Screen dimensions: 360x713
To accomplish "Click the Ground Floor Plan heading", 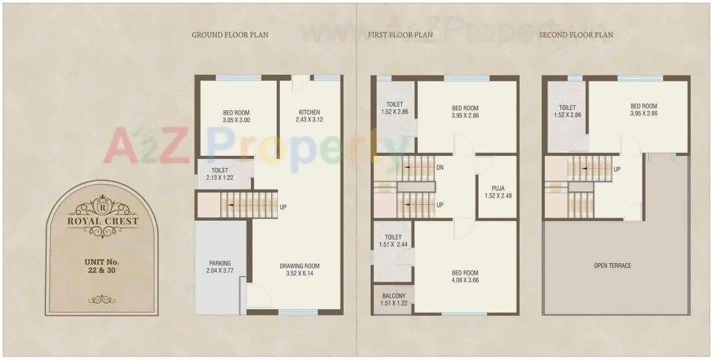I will [229, 35].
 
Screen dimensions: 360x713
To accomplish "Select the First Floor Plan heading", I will [400, 35].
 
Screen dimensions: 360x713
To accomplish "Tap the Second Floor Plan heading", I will [576, 35].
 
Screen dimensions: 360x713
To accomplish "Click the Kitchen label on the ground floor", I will [309, 112].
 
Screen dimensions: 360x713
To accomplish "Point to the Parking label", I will [220, 263].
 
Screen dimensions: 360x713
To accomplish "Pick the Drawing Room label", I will [300, 266].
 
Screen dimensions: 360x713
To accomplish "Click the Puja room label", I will [498, 188].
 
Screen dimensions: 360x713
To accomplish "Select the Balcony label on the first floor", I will [393, 296].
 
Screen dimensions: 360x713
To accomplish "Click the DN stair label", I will [440, 167].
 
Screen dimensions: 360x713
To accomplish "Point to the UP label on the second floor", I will [617, 169].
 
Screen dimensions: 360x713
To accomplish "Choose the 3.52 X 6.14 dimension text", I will [300, 274].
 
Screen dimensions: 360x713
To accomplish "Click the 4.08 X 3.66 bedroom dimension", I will [465, 280].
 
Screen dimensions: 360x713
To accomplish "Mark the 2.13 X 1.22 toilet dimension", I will [220, 178].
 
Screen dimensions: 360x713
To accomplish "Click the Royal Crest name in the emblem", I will [102, 221].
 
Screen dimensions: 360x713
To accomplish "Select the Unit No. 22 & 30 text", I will [102, 266].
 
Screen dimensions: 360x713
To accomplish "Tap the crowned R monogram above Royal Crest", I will [102, 199].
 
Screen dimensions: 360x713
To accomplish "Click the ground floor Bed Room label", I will [236, 112].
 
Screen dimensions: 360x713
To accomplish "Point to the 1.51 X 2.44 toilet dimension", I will [393, 244].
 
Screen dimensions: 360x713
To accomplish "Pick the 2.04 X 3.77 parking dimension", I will [220, 270].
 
